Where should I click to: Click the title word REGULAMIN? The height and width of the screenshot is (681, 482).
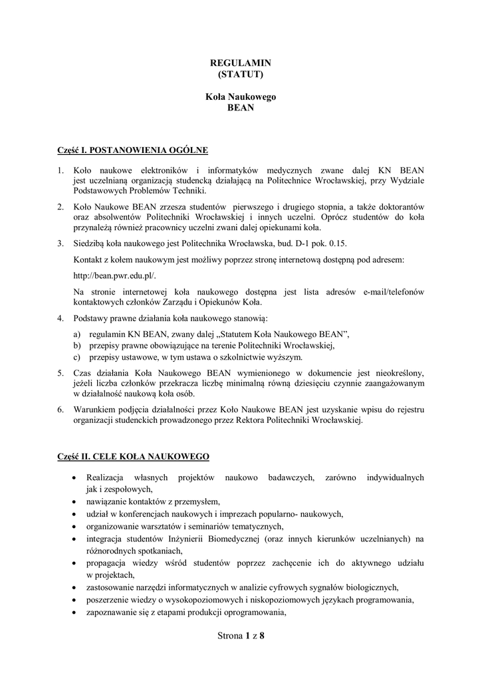pos(241,63)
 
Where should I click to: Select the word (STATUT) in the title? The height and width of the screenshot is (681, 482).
pos(241,73)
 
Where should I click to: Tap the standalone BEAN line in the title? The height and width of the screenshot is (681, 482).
pos(241,108)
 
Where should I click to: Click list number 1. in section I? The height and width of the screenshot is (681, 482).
pos(60,170)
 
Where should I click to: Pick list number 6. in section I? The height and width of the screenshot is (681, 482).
pos(60,410)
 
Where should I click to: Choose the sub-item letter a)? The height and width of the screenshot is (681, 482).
pos(76,333)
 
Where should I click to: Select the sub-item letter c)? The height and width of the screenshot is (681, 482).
pos(76,356)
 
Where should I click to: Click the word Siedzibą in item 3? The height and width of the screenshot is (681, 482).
pos(91,244)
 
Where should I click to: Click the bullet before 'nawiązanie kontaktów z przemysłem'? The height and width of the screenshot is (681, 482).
pos(72,501)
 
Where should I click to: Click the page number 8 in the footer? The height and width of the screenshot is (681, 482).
pos(262,636)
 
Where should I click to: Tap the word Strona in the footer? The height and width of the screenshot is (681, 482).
pos(230,636)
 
